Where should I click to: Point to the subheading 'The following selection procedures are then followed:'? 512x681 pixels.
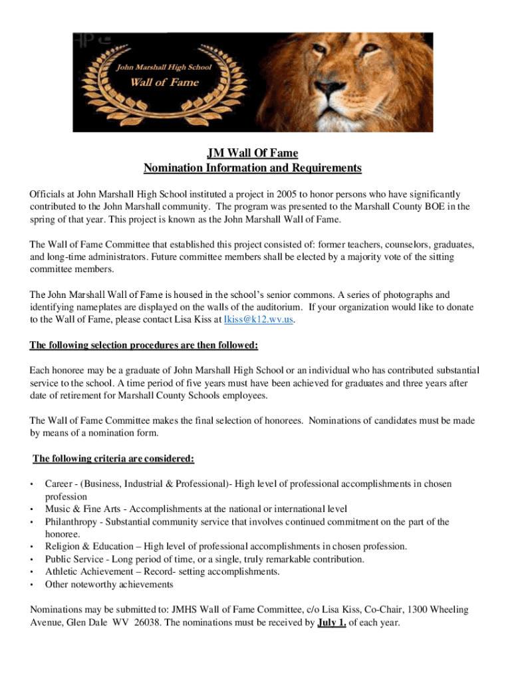pyautogui.click(x=144, y=345)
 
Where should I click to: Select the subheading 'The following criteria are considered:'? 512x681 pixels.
pyautogui.click(x=114, y=458)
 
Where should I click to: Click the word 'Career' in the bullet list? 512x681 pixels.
pyautogui.click(x=58, y=484)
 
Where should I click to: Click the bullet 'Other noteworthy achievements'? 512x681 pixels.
pyautogui.click(x=109, y=585)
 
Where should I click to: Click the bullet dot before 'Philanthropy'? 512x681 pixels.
pyautogui.click(x=33, y=523)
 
